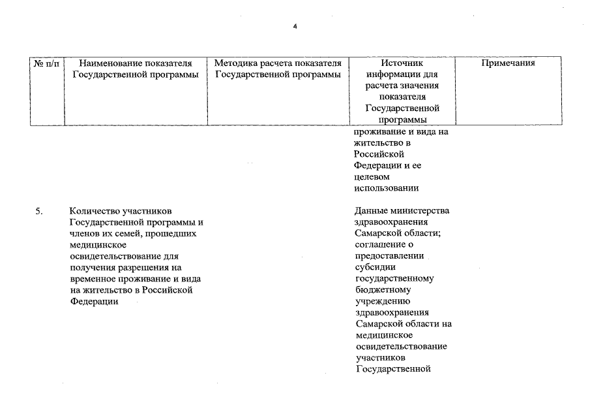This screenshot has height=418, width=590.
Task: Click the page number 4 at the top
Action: pos(295,27)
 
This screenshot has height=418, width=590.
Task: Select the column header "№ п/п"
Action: pos(47,63)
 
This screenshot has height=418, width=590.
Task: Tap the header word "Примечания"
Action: pos(508,63)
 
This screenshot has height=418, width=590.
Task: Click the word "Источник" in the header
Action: pos(402,63)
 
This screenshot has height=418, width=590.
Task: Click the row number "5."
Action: pos(38,211)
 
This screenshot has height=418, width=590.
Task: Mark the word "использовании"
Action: pos(386,188)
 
